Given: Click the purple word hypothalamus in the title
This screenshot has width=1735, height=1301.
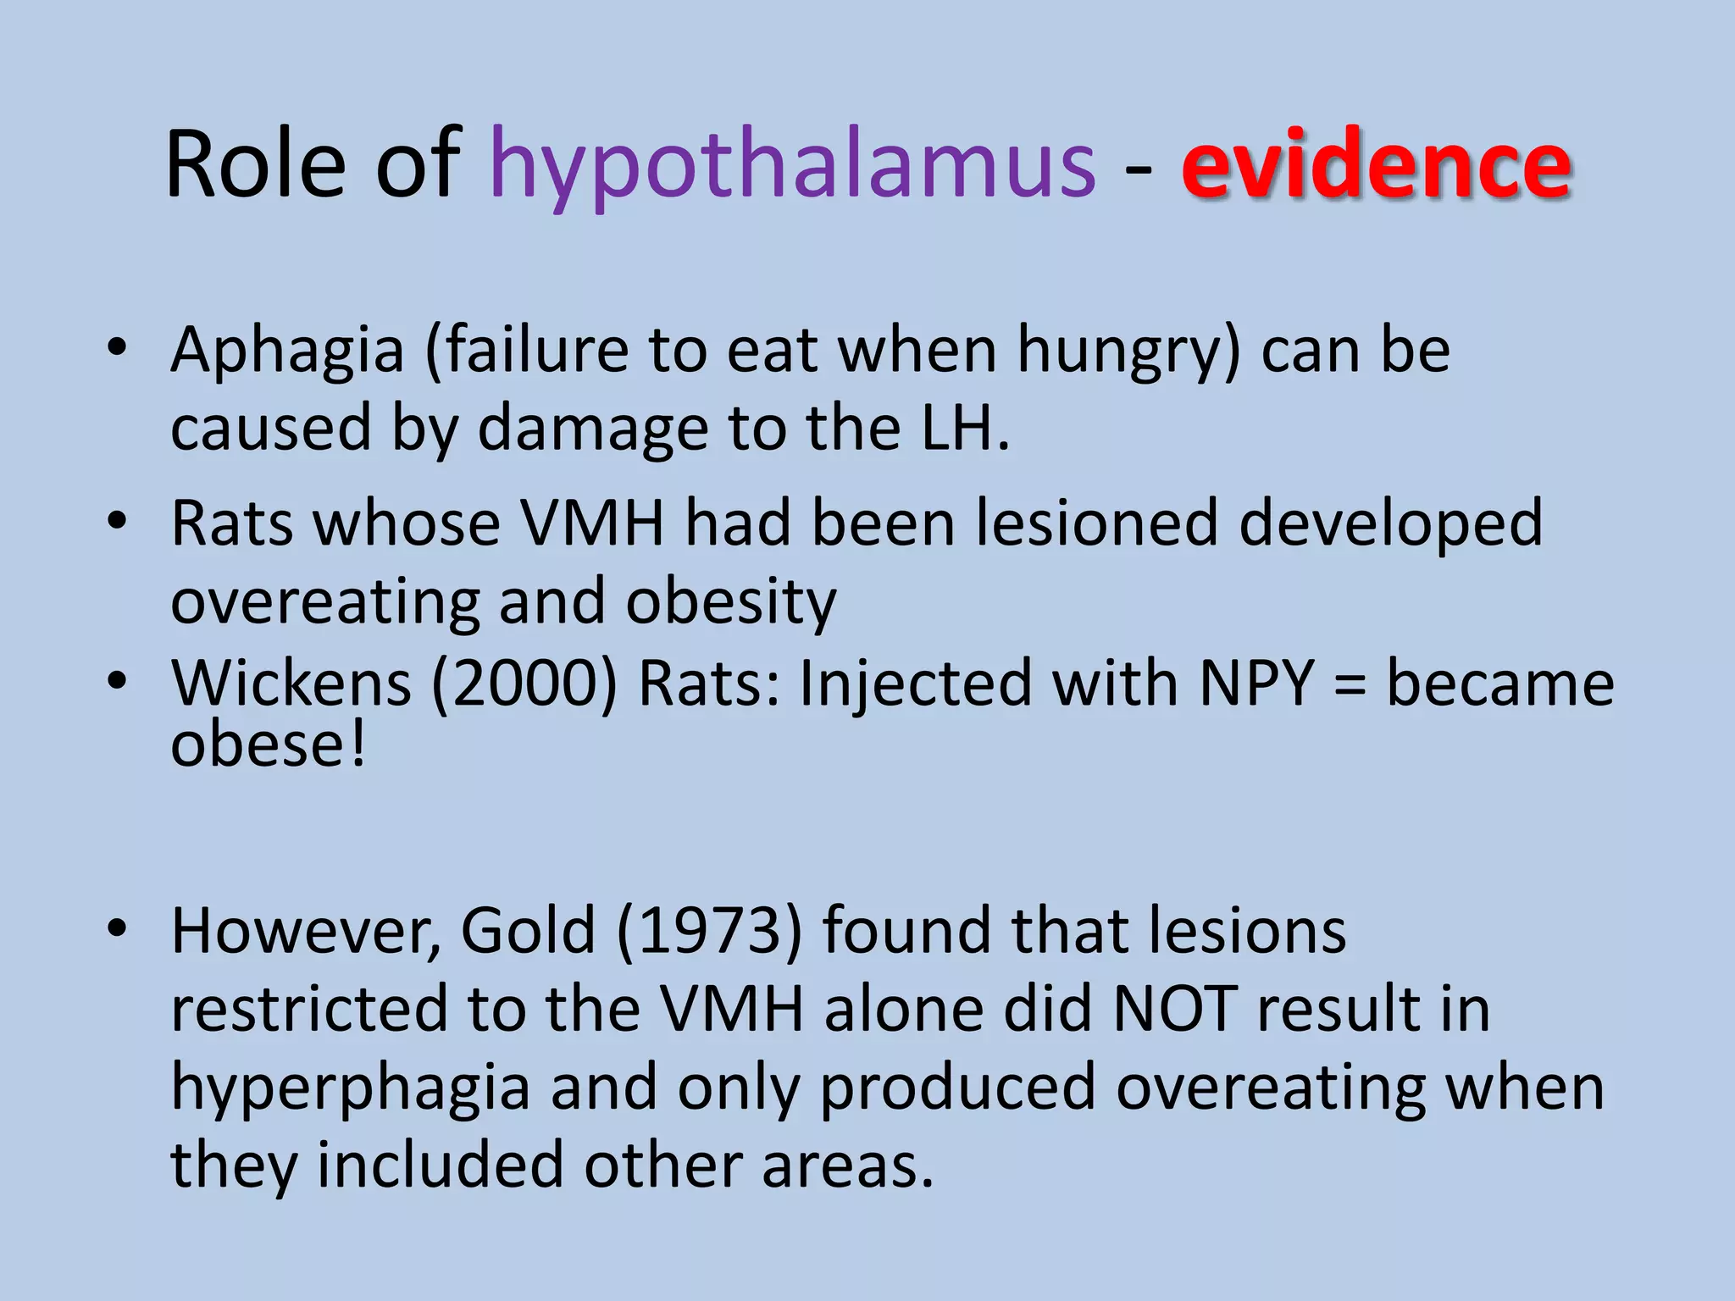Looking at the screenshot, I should [x=792, y=165].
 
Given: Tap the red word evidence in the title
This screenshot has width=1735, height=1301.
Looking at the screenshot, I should [x=1376, y=165].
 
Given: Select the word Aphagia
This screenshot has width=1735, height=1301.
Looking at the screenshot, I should [x=287, y=352].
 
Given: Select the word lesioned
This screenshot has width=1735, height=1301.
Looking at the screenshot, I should [x=1097, y=523].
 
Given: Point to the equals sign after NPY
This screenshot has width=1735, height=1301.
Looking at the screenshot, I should [x=1350, y=684].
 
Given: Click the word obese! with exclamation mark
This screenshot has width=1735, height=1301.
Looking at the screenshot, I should [x=269, y=745].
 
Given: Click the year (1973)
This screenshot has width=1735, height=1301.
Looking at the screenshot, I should [x=709, y=931].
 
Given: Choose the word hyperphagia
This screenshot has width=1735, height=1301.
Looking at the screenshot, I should [x=351, y=1088].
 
